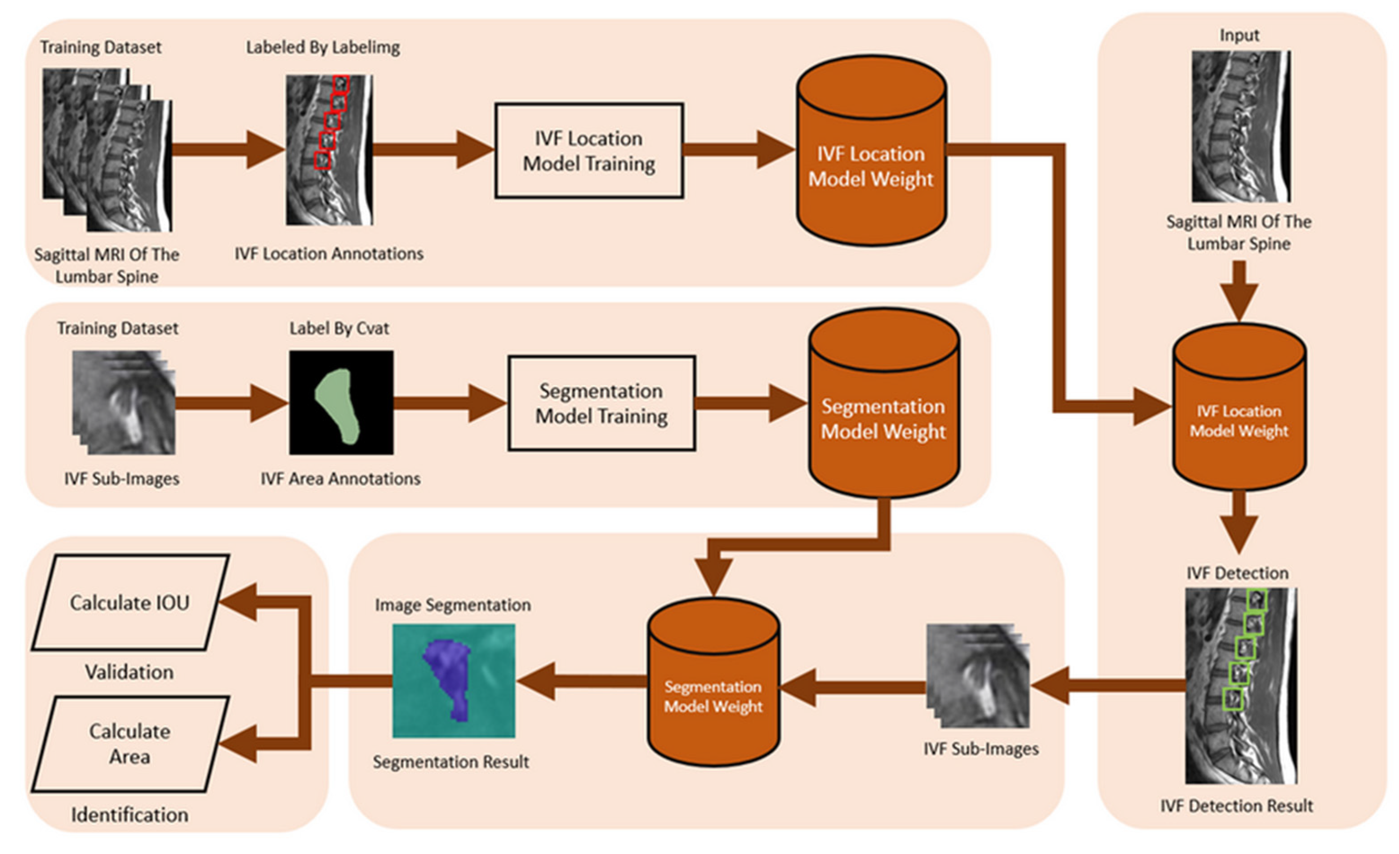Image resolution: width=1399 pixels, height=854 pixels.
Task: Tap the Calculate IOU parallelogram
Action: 130,603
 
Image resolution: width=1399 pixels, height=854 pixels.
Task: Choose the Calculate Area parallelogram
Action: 130,744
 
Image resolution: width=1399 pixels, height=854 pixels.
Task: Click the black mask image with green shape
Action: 341,402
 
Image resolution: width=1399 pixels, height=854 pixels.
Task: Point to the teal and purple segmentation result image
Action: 453,680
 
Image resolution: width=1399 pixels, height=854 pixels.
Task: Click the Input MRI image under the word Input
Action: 1240,126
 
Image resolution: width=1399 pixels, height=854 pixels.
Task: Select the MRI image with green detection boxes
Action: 1240,685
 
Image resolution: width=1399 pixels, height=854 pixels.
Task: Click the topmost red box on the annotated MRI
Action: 341,84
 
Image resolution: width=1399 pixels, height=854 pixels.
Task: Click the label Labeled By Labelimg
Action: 322,47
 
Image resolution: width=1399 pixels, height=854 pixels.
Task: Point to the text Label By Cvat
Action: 339,328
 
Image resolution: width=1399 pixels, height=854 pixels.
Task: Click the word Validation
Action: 129,672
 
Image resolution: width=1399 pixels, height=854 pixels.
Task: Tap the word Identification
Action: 129,815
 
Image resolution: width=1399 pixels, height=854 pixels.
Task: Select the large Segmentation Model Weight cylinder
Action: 883,403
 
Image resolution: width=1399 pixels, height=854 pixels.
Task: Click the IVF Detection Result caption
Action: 1237,806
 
